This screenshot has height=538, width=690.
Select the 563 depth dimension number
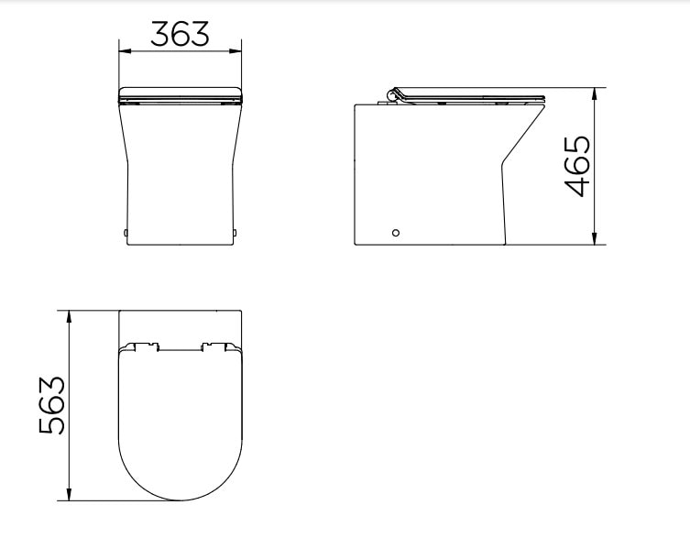pos(51,405)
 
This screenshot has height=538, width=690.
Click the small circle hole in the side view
pos(396,233)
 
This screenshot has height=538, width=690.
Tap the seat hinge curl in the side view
pos(394,93)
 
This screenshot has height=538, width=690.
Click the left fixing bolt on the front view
pos(125,232)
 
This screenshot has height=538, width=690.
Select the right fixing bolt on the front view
pos(237,232)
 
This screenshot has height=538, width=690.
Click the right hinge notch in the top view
pos(217,346)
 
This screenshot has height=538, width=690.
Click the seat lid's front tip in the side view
pos(542,97)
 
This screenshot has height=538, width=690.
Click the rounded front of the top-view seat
pos(181,498)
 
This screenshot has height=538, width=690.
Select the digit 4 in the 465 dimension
pos(577,186)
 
